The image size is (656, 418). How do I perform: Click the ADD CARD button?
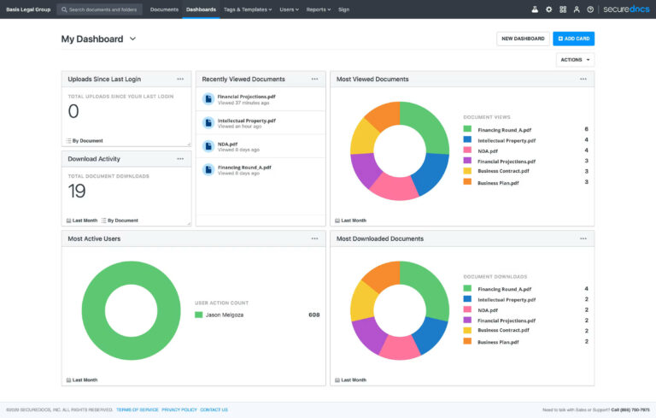(x=573, y=38)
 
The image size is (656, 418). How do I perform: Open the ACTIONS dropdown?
(x=575, y=60)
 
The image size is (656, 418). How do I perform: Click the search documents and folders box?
(x=100, y=9)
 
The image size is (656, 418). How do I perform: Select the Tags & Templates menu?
(x=248, y=9)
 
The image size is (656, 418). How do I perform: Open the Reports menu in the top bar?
(x=318, y=9)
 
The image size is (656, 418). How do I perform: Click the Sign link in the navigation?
(x=343, y=9)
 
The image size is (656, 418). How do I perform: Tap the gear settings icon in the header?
(x=549, y=9)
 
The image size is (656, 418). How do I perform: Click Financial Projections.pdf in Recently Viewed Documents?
(x=246, y=97)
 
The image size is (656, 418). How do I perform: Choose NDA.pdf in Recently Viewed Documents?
(x=227, y=144)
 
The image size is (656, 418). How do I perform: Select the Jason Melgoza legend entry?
(x=225, y=315)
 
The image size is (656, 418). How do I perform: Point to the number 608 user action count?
(x=313, y=315)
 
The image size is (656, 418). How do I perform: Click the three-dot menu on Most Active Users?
(x=314, y=238)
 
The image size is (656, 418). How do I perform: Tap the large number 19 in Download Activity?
(x=77, y=191)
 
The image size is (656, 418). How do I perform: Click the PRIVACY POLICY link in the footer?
(x=179, y=410)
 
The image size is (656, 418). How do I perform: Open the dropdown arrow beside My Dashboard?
(x=132, y=39)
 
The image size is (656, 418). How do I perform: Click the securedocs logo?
(x=626, y=9)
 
